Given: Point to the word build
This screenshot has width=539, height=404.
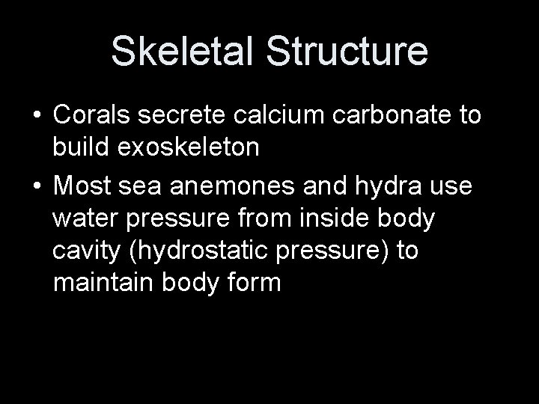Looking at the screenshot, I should point(80,147).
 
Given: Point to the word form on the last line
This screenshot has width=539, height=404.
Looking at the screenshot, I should point(254,284).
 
